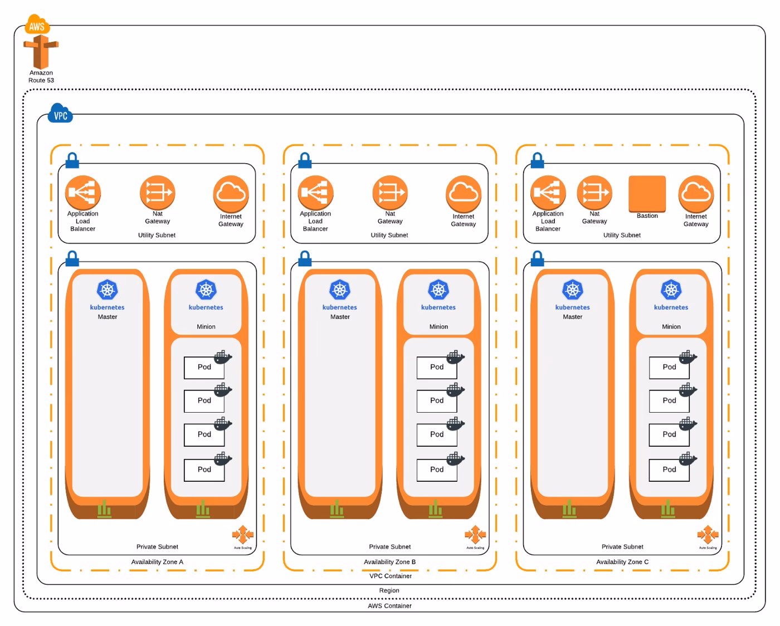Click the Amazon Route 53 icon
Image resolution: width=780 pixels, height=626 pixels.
[x=41, y=52]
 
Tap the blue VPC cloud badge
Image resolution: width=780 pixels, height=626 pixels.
[x=60, y=114]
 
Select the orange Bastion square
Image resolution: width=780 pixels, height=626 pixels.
[x=647, y=193]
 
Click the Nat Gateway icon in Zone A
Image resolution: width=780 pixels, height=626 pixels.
[x=158, y=193]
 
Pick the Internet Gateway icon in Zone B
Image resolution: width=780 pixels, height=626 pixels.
[x=463, y=193]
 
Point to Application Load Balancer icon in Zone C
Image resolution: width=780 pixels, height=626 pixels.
[x=548, y=193]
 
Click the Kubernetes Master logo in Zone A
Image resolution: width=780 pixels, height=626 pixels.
[x=108, y=290]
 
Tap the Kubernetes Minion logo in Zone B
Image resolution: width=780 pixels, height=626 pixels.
[x=438, y=290]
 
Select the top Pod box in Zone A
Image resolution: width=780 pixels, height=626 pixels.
[x=204, y=367]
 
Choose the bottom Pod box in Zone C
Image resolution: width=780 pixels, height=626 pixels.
[x=669, y=470]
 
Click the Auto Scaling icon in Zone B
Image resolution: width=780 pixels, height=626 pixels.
[x=475, y=535]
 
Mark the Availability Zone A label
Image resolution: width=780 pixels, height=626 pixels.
[x=157, y=562]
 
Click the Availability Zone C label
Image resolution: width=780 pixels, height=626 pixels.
[x=622, y=562]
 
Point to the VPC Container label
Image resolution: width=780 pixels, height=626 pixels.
[x=390, y=576]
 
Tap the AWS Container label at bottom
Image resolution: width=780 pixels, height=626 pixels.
[x=389, y=606]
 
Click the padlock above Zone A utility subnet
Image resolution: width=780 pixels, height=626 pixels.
[x=72, y=160]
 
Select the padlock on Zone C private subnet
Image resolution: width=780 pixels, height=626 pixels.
[x=537, y=258]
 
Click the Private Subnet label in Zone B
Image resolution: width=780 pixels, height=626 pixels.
[x=389, y=547]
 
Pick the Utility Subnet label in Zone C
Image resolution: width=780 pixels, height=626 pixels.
[x=622, y=235]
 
